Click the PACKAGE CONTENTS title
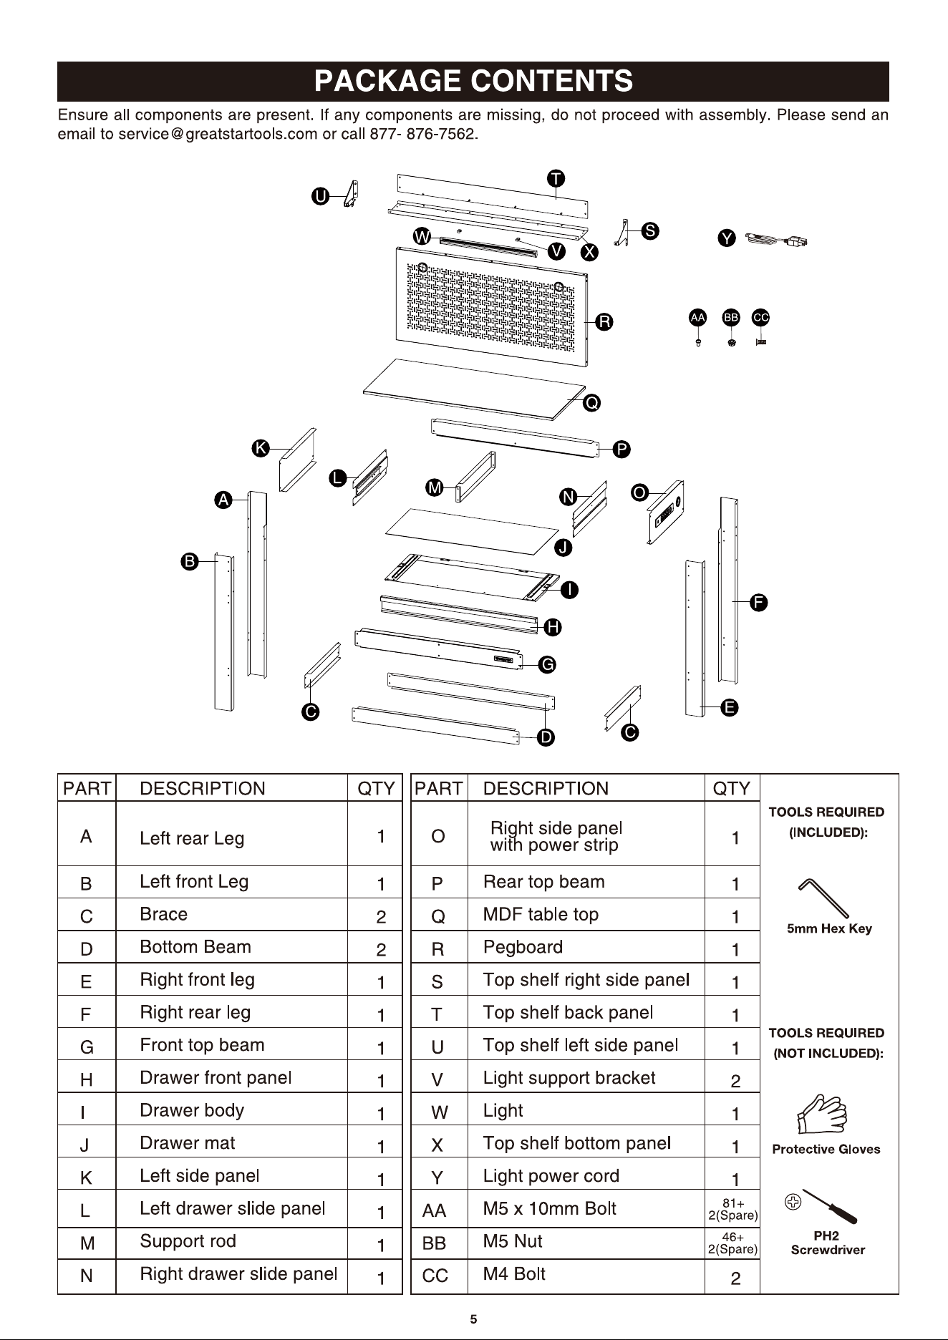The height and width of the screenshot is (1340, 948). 473,81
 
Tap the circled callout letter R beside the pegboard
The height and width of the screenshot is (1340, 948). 604,321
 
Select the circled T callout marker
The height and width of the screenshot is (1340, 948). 556,178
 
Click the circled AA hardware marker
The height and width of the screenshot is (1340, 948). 697,317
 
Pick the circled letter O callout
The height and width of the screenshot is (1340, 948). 639,492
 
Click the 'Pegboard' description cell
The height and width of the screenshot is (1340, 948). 586,947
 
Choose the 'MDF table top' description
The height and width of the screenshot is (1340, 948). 541,914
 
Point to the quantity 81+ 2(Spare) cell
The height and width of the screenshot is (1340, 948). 732,1210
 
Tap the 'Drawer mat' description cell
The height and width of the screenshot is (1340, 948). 231,1143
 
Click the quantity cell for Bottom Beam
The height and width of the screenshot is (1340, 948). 375,948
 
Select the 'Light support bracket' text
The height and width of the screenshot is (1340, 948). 569,1078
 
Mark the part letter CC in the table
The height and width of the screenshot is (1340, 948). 435,1276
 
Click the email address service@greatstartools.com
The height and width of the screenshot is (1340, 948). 218,135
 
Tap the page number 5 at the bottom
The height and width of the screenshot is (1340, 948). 473,1319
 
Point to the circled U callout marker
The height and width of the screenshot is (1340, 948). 320,196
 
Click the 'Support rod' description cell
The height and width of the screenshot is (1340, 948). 231,1242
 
